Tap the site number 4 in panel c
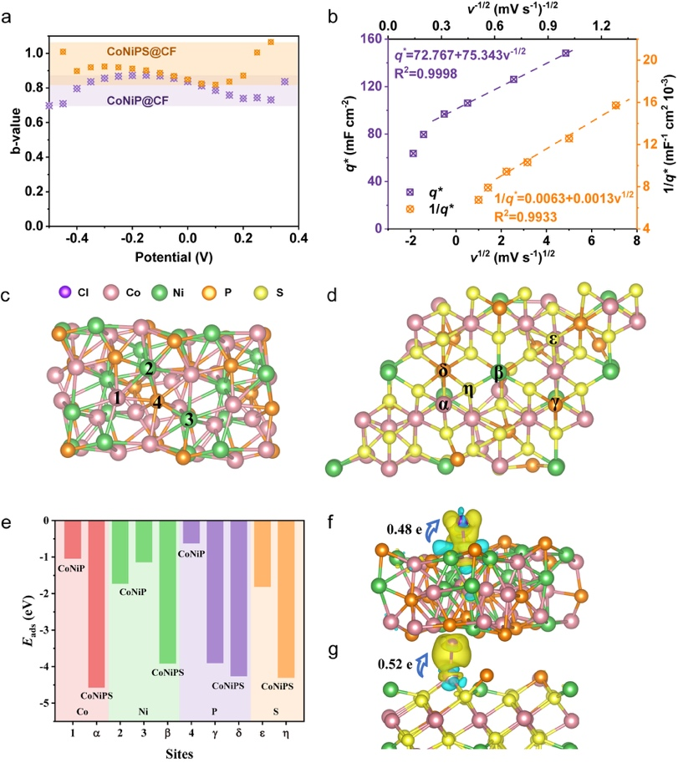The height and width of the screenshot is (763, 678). click(x=156, y=401)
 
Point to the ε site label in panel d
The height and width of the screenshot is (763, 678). click(x=553, y=338)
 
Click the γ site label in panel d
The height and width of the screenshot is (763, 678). click(x=555, y=404)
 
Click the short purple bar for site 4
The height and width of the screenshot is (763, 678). click(x=191, y=532)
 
